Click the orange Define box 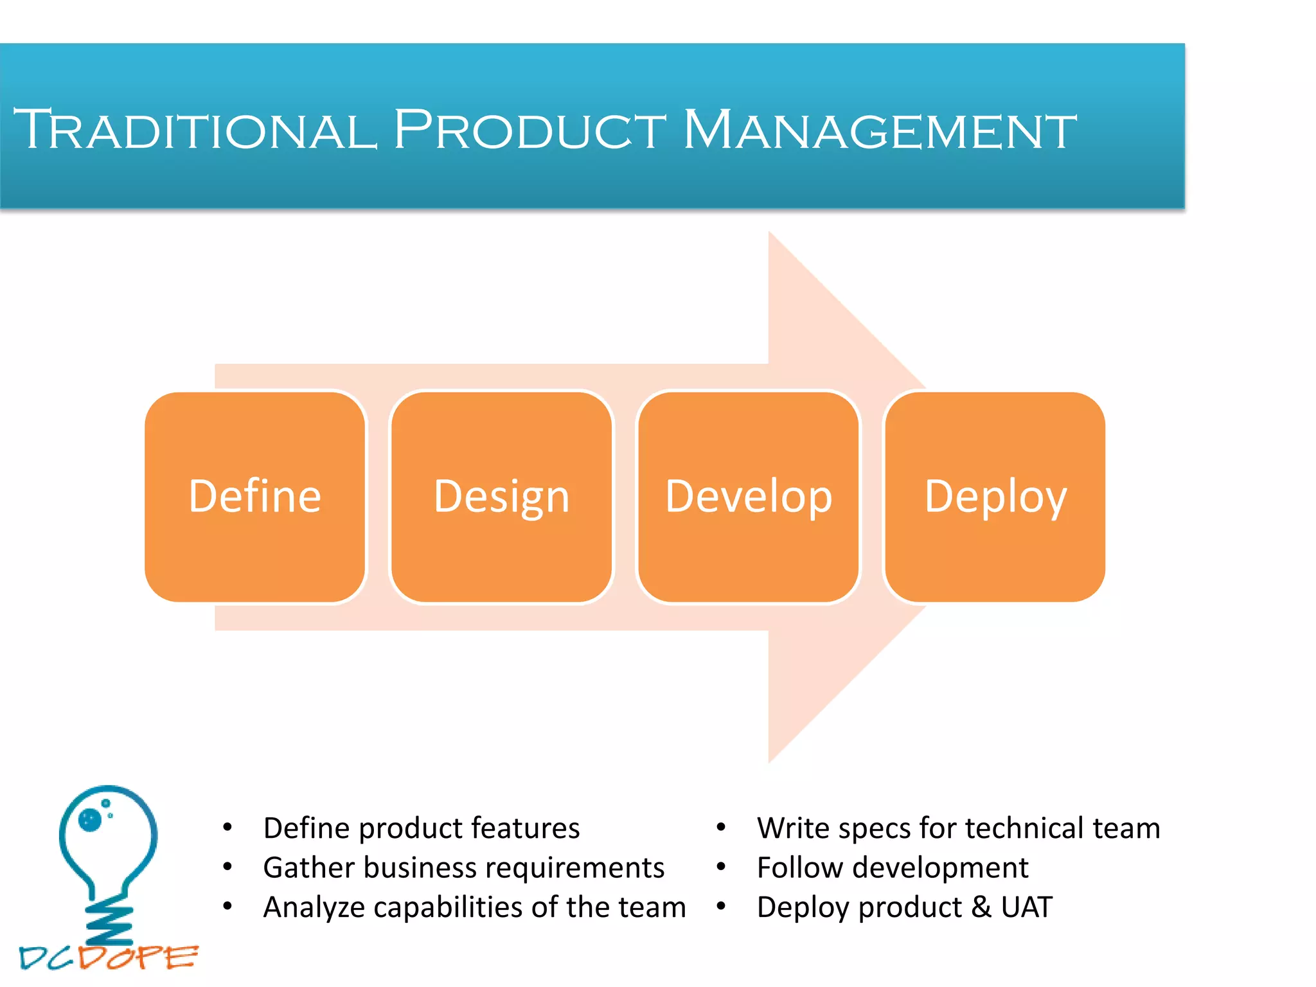click(x=255, y=497)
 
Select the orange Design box click(x=501, y=497)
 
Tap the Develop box click(x=749, y=497)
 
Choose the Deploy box click(x=995, y=497)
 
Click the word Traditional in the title click(x=193, y=130)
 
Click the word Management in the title click(x=878, y=130)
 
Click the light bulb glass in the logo click(x=108, y=835)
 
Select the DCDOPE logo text click(x=108, y=958)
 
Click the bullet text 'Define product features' click(x=421, y=828)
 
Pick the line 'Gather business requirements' click(x=463, y=868)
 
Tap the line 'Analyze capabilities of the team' click(x=474, y=907)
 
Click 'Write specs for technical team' click(x=958, y=828)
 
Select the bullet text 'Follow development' click(x=893, y=868)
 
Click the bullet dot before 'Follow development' click(x=721, y=867)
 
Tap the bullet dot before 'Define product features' click(x=227, y=828)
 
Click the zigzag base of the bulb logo click(x=109, y=922)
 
